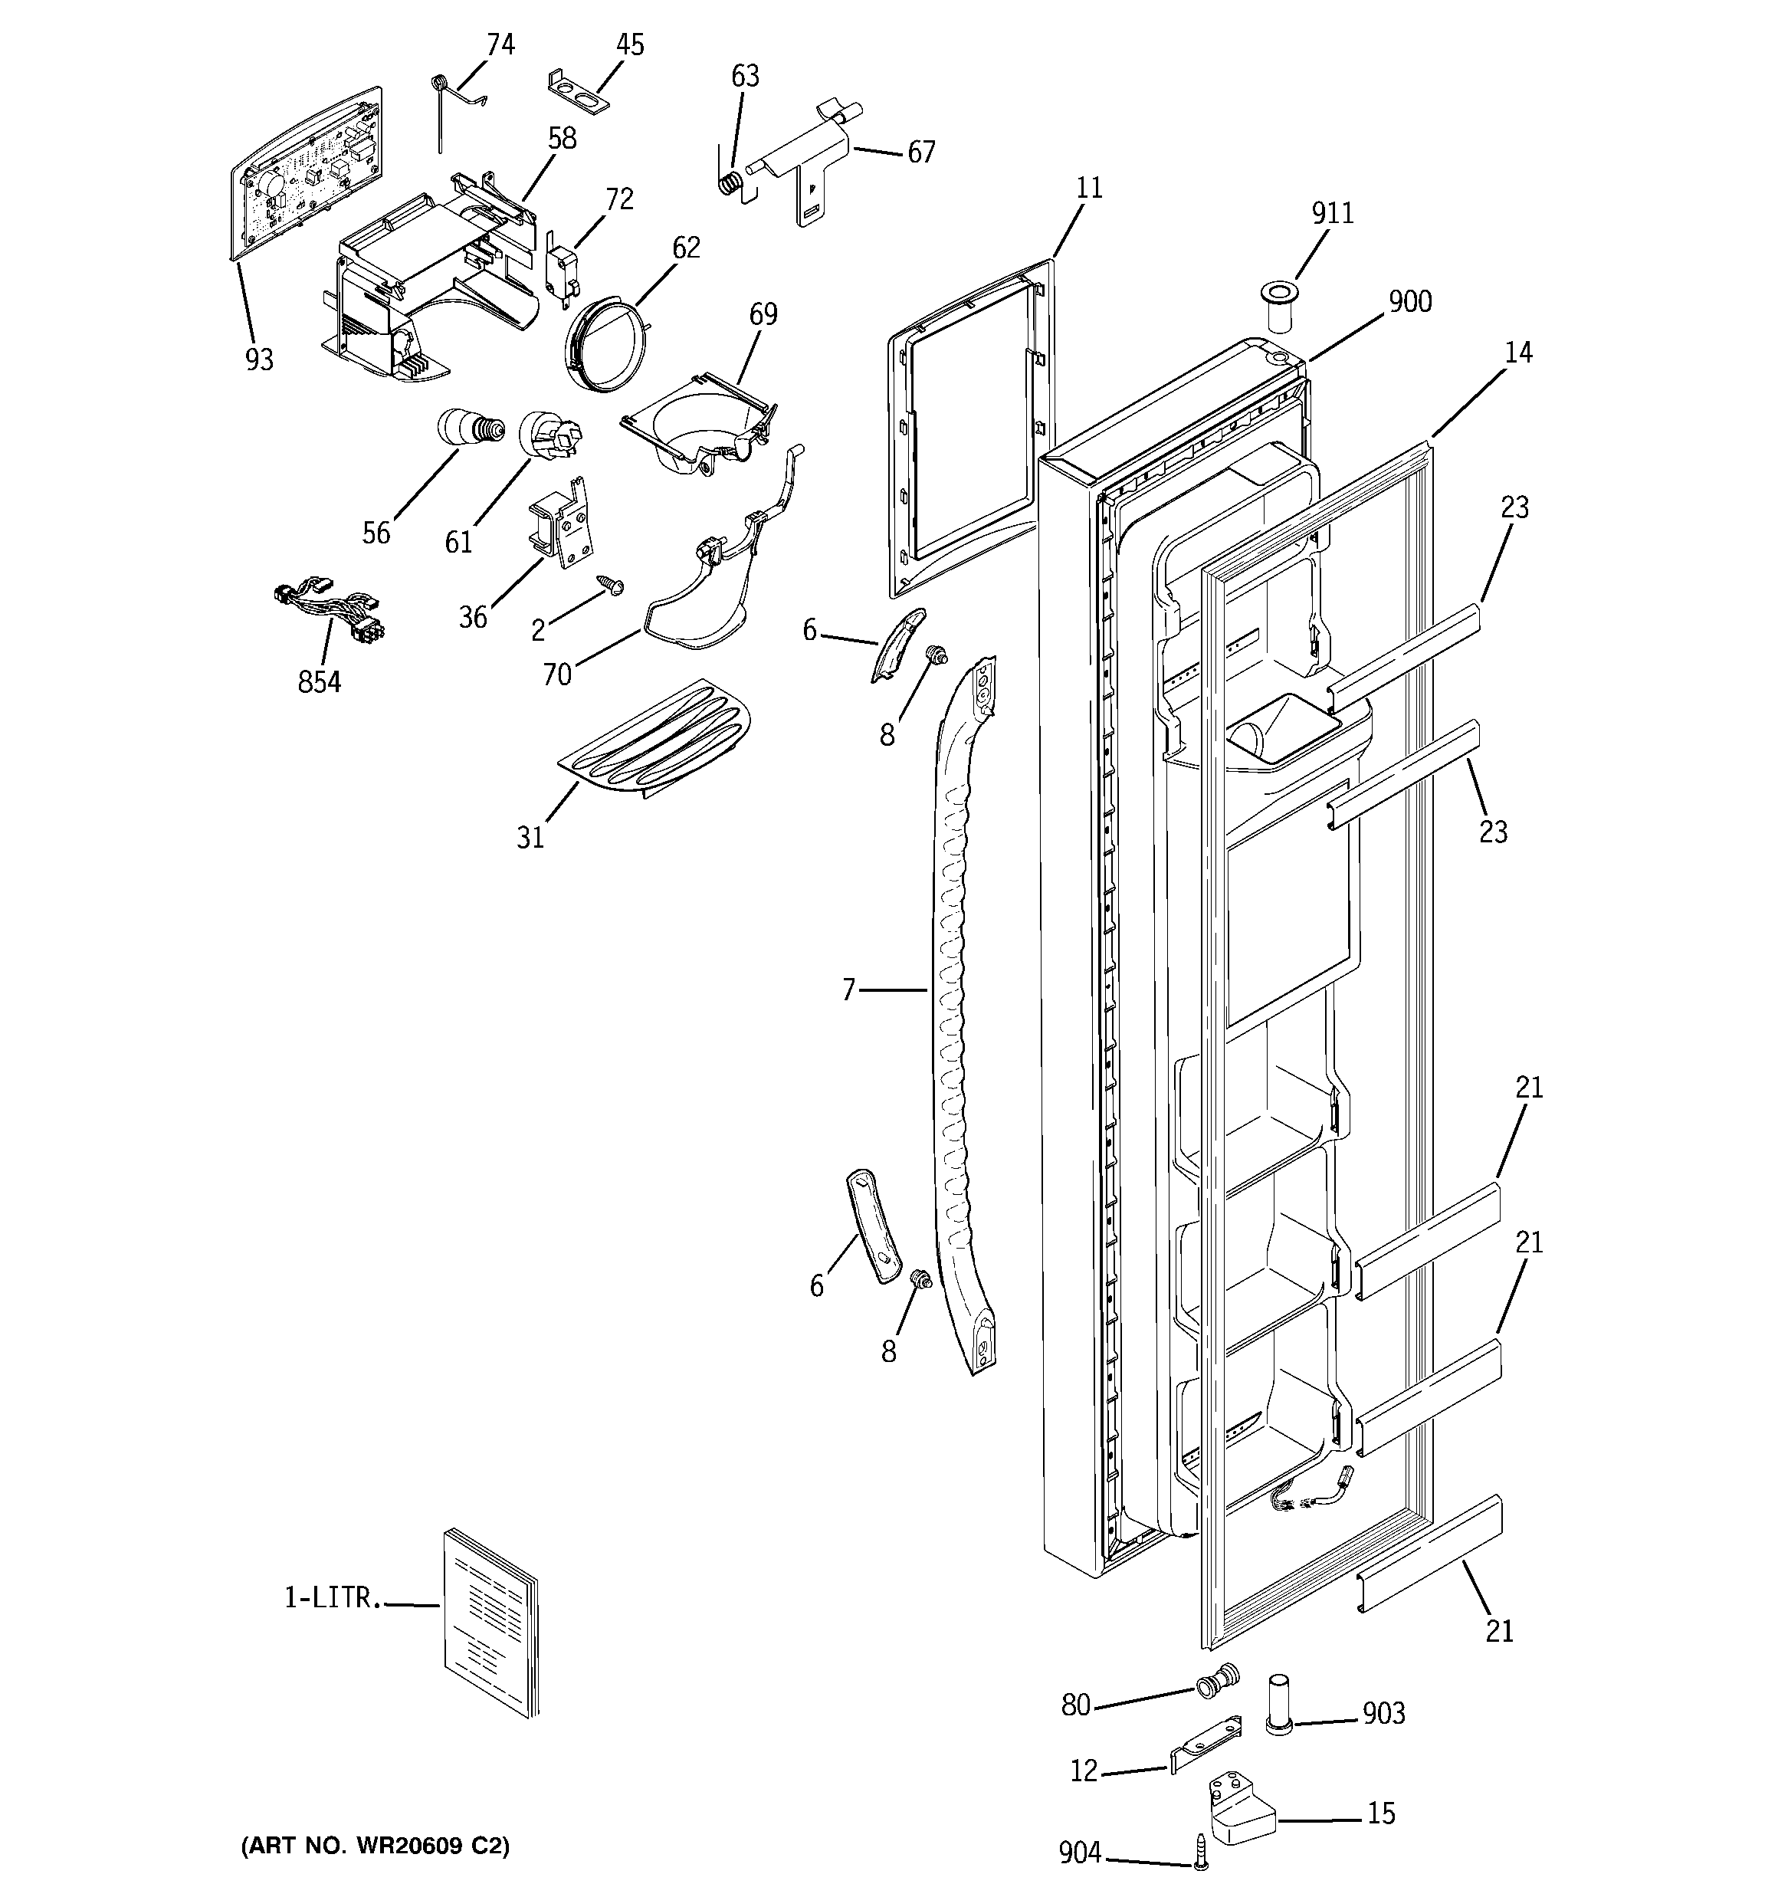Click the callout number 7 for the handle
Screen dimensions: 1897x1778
click(848, 990)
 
